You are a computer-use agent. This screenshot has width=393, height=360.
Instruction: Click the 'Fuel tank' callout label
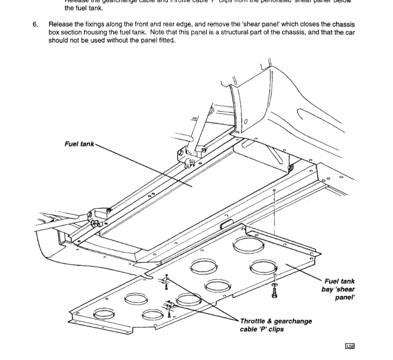79,144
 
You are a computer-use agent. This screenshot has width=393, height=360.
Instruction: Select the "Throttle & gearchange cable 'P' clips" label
276,325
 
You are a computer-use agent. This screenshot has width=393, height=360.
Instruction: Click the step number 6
35,24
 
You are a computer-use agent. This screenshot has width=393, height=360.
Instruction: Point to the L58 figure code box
349,346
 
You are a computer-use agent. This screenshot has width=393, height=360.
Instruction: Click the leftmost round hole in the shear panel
104,314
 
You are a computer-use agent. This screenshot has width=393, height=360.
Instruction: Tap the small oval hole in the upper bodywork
246,121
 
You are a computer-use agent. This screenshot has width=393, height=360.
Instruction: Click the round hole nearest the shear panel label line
261,267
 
